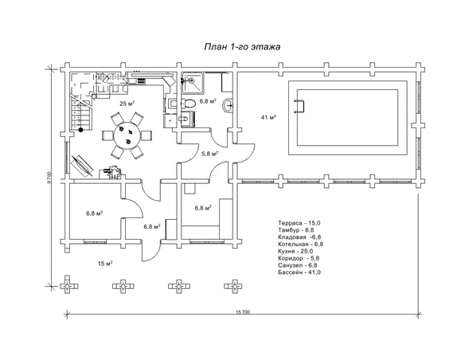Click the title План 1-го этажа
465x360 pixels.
point(242,47)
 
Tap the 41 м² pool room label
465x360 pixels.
point(268,117)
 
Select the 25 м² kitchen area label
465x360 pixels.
point(127,104)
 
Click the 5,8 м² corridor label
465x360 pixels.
point(209,154)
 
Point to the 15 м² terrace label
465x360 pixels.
point(105,264)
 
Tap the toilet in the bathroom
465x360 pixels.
point(188,104)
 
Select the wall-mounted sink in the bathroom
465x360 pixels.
point(229,105)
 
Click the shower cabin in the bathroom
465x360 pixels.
point(192,82)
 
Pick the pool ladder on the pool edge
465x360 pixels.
point(299,106)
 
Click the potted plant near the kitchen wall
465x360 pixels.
point(114,172)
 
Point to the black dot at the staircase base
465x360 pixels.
point(80,130)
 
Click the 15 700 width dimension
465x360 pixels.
point(243,311)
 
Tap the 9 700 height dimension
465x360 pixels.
point(49,178)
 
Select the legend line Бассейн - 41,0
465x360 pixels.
point(299,272)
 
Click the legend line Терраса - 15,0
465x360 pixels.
point(299,223)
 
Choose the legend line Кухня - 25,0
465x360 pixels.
point(295,251)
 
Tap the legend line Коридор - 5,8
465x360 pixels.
point(299,258)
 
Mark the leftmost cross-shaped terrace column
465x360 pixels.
point(68,286)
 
